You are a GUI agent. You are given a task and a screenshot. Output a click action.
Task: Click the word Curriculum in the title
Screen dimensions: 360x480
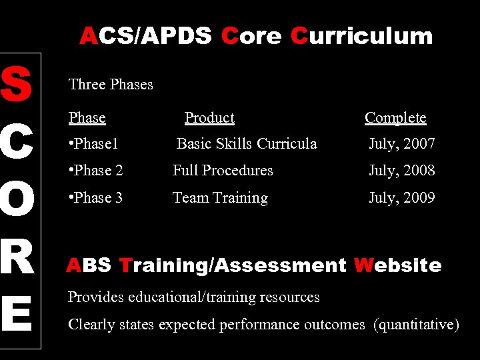[361, 36]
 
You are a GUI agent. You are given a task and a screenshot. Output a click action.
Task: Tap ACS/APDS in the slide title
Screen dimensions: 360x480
[146, 36]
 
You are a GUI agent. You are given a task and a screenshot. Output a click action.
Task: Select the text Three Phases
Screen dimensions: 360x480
[111, 85]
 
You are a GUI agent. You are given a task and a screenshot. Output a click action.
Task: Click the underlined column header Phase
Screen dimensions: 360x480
[87, 118]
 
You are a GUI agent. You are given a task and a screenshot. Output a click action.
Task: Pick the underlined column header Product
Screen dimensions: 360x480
[209, 118]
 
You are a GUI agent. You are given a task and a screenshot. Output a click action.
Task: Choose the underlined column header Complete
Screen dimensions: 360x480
[395, 118]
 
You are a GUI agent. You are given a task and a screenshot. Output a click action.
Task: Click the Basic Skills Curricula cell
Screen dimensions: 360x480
[247, 144]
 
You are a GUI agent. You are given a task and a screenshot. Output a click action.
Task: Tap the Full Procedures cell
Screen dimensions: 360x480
[223, 171]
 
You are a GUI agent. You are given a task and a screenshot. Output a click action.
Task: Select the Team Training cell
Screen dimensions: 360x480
[220, 198]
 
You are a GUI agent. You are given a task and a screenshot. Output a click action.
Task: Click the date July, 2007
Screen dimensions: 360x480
[402, 144]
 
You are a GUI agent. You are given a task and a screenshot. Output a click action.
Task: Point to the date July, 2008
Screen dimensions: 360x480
[402, 171]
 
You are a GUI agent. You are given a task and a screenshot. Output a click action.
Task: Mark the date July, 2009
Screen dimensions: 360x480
[402, 198]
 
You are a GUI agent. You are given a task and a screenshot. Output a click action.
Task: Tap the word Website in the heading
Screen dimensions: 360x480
[397, 265]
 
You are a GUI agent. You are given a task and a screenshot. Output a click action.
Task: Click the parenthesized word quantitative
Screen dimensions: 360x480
[417, 325]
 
